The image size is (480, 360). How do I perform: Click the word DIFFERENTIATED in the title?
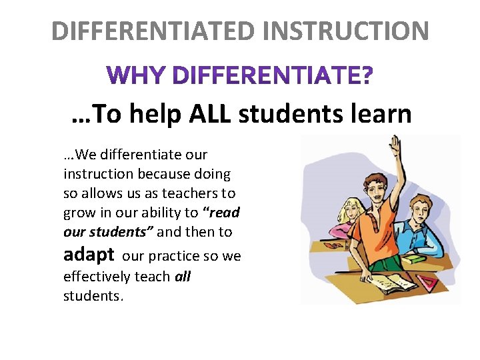[x=153, y=31]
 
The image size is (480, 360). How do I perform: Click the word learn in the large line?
[x=379, y=114]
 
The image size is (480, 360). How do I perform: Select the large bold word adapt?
[x=89, y=254]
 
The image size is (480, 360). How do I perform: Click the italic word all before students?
[x=182, y=276]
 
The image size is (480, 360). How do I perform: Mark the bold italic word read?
[x=225, y=213]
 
